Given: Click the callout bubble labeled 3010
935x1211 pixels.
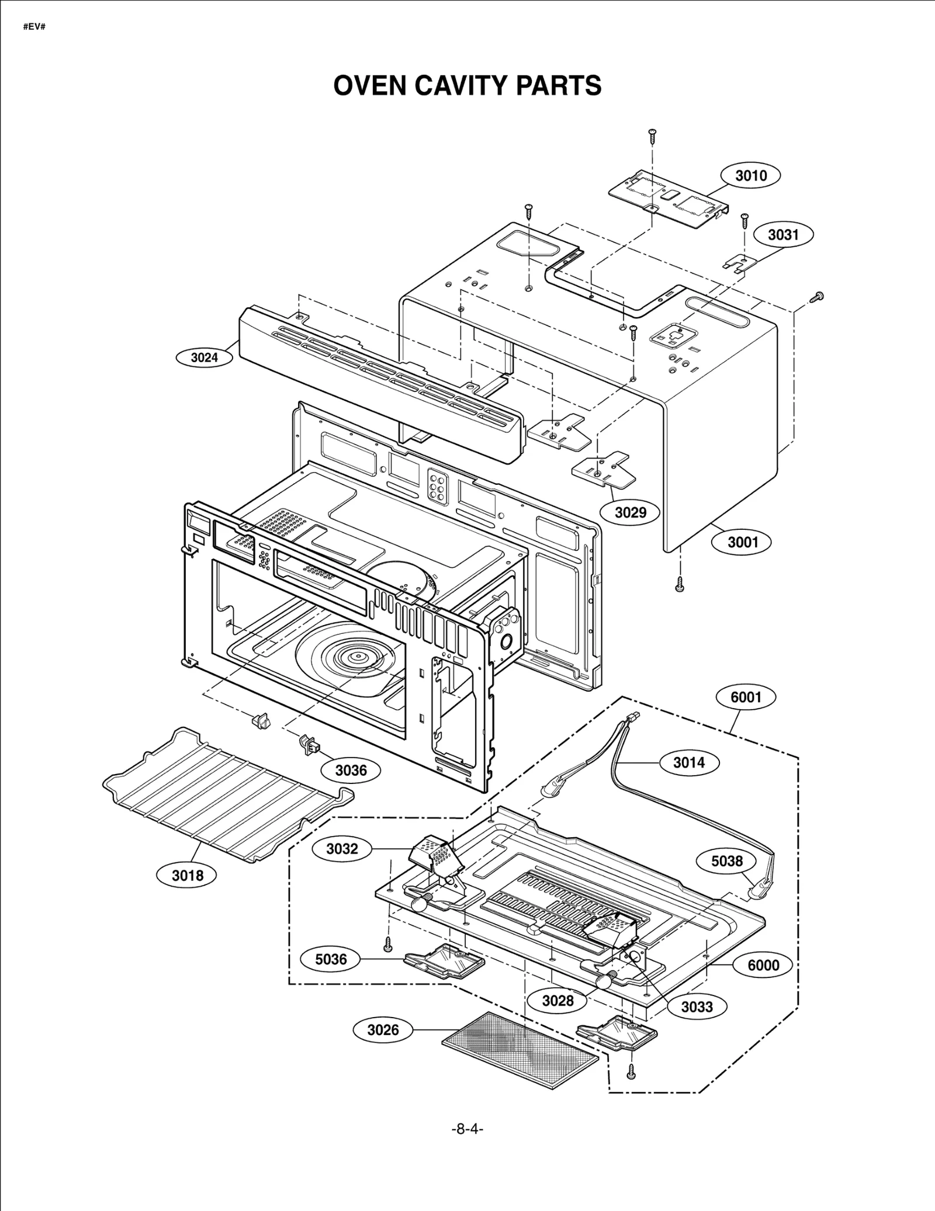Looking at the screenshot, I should pos(750,175).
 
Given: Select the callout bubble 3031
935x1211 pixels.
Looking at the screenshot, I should pos(783,235).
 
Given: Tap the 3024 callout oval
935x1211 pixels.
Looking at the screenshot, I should pos(204,358).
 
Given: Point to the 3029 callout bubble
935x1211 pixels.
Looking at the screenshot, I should pos(631,512).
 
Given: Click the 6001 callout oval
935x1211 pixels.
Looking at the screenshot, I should pos(746,697).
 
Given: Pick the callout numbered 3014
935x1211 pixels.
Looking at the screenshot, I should pos(689,762).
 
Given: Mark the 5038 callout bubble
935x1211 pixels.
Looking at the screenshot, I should pos(727,861).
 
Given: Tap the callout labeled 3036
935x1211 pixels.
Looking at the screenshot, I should pos(351,771).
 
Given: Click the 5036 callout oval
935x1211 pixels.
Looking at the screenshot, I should pos(331,959).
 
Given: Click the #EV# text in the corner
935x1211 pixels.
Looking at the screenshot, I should pos(34,27).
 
